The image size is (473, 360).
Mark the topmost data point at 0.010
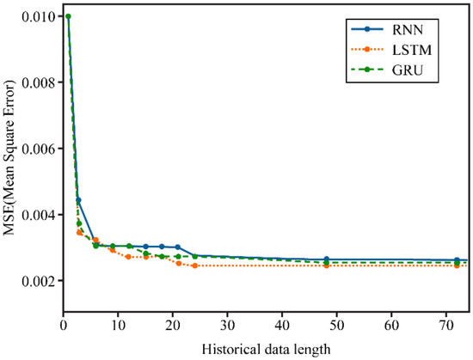pos(68,16)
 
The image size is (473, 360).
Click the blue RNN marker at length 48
pos(326,259)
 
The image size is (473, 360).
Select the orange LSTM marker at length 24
pos(194,265)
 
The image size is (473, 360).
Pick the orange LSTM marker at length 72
pos(458,265)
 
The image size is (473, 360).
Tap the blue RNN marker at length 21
pos(178,247)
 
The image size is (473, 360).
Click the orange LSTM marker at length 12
pos(128,257)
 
